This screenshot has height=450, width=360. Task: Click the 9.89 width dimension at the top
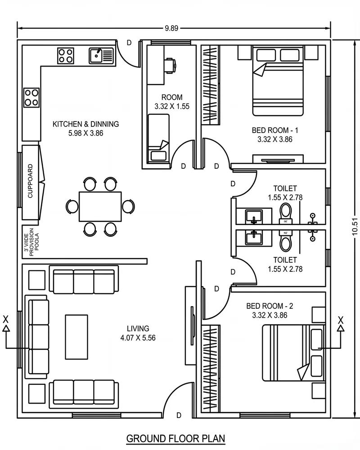171,28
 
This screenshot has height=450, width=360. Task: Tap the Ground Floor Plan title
175,438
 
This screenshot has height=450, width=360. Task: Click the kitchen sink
101,55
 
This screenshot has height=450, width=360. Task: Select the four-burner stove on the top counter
66,55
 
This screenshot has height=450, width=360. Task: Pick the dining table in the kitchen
100,206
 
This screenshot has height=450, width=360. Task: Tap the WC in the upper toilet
285,213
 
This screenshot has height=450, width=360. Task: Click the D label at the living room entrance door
179,415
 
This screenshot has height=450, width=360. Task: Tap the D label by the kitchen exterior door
129,43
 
